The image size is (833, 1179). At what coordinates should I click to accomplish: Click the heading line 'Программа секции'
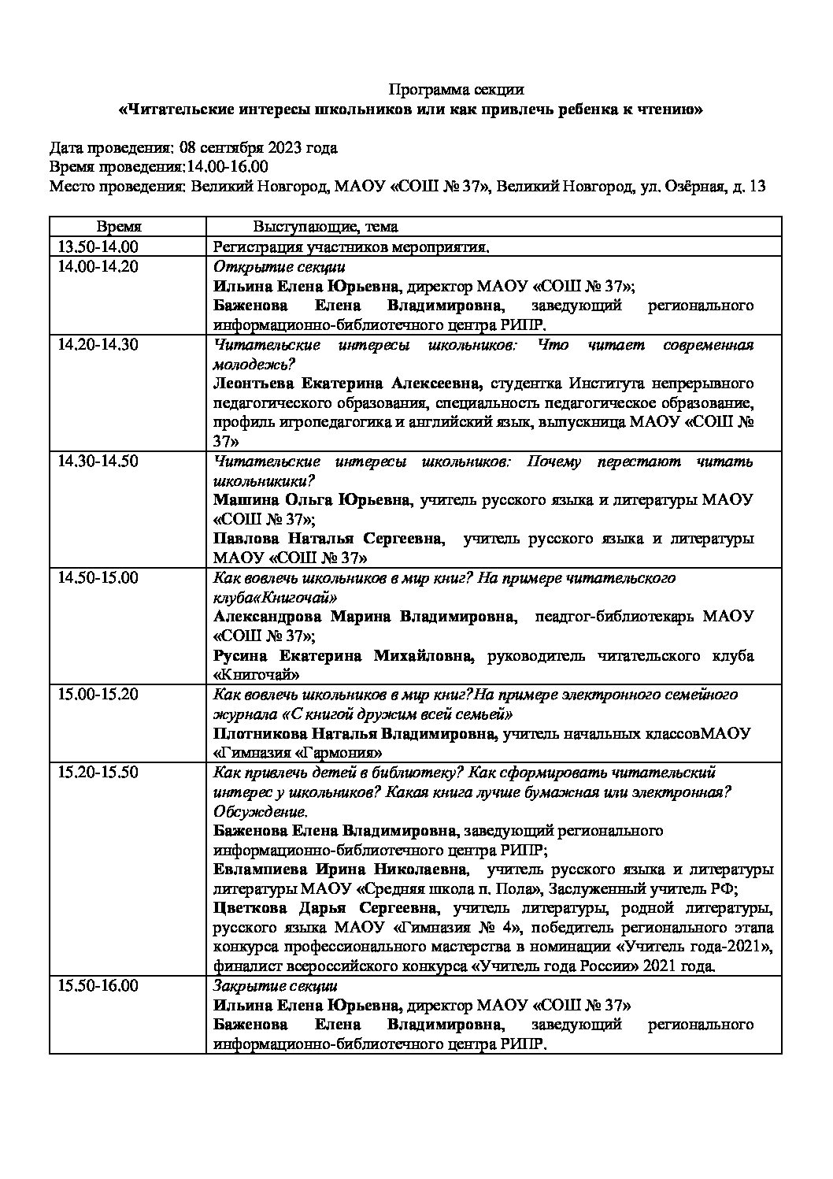pyautogui.click(x=457, y=90)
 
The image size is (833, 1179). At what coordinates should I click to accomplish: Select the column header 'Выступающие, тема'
pyautogui.click(x=325, y=227)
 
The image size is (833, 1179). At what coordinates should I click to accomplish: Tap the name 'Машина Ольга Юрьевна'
pyautogui.click(x=312, y=500)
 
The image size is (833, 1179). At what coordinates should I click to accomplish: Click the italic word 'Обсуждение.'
pyautogui.click(x=261, y=811)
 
